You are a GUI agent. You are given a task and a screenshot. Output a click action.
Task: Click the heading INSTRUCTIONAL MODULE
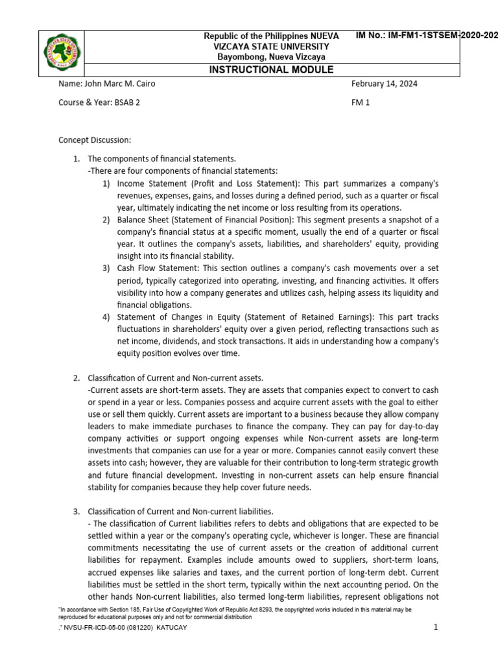pyautogui.click(x=271, y=70)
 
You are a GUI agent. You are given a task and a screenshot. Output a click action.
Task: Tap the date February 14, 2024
pyautogui.click(x=384, y=84)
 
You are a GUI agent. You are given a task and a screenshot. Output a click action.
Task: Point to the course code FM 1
pyautogui.click(x=360, y=102)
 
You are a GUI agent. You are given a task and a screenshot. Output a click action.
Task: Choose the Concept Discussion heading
pyautogui.click(x=95, y=139)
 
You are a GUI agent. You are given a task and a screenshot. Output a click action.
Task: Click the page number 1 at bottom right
pyautogui.click(x=436, y=628)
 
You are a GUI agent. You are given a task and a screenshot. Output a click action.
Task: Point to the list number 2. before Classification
pyautogui.click(x=76, y=378)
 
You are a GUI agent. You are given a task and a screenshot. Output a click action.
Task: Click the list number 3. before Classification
pyautogui.click(x=76, y=512)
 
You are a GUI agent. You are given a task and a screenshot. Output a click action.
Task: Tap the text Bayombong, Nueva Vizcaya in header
pyautogui.click(x=271, y=57)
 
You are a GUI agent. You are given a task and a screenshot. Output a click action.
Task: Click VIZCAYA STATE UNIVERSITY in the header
pyautogui.click(x=271, y=47)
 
